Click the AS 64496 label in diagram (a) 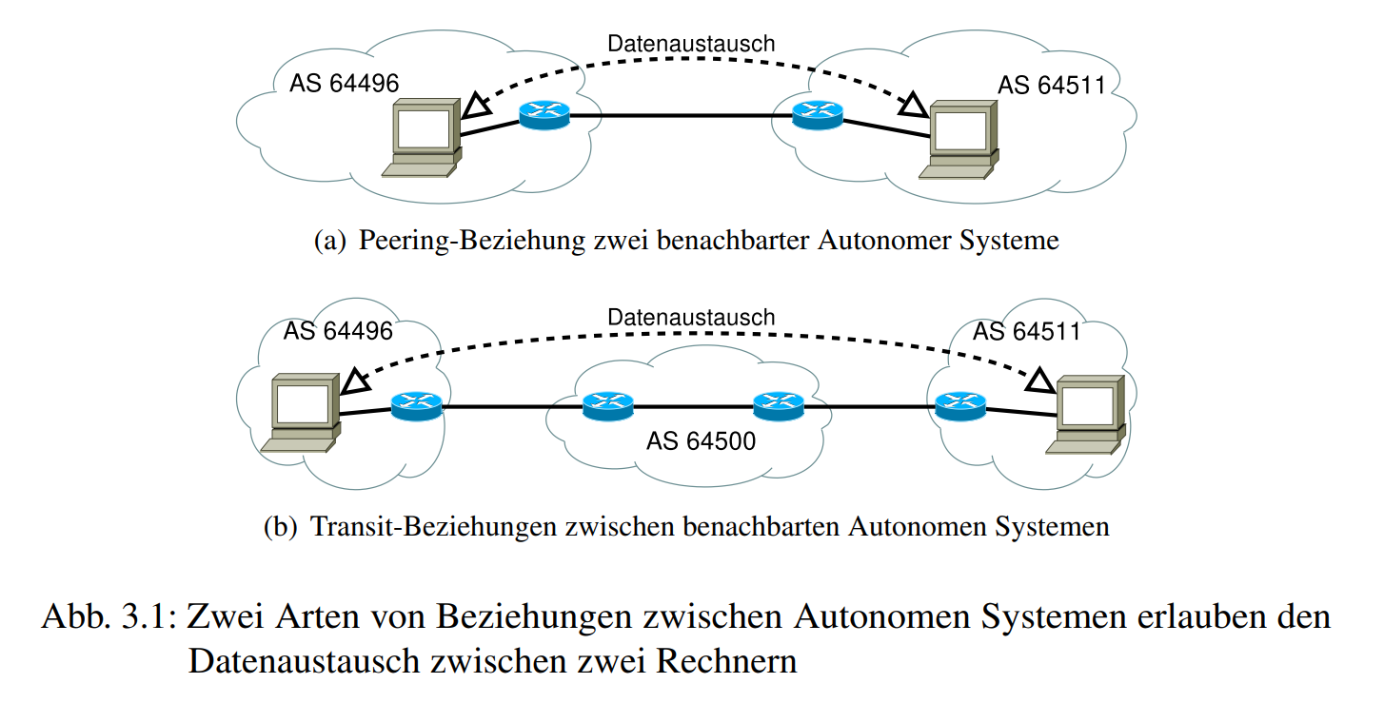click(344, 84)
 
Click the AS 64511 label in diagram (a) click(1051, 86)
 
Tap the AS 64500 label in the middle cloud click(701, 440)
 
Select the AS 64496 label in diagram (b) click(338, 331)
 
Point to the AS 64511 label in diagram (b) click(1026, 332)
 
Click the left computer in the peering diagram click(424, 140)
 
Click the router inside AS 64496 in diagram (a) click(544, 115)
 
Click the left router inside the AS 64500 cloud click(607, 407)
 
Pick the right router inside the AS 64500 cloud click(779, 407)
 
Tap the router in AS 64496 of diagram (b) click(417, 407)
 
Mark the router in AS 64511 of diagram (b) click(960, 407)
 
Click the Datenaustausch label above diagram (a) click(691, 43)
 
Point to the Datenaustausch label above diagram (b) click(691, 317)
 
